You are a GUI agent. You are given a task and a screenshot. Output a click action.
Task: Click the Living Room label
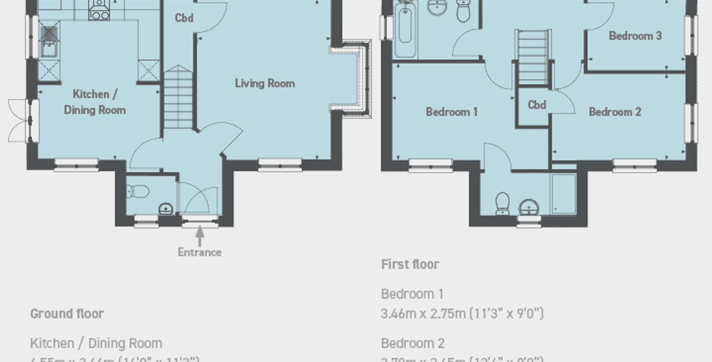[265, 83]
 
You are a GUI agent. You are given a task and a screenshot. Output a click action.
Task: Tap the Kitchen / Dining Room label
[95, 102]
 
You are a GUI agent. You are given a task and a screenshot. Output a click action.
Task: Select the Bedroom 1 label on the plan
[452, 112]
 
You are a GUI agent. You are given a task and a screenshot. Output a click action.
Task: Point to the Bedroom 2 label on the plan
[615, 112]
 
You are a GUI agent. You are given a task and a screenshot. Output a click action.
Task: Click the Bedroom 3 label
[635, 36]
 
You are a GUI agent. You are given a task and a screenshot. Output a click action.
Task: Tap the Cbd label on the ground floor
[184, 18]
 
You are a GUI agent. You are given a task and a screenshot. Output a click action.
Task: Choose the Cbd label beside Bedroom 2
[537, 105]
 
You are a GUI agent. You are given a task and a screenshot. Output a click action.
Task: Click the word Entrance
[199, 252]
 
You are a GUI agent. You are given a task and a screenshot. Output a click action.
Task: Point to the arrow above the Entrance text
[200, 235]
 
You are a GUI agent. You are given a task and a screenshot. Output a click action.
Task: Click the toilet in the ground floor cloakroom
[138, 192]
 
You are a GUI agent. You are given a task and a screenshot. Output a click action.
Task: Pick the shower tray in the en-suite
[564, 193]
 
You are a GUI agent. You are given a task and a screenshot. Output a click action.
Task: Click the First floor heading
[410, 264]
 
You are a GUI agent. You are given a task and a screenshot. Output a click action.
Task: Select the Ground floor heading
[67, 313]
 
